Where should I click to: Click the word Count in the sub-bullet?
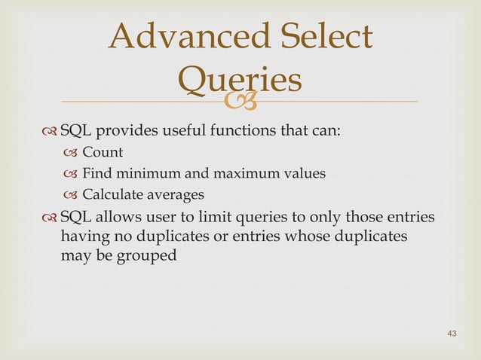pos(103,153)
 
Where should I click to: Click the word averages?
pos(175,195)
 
